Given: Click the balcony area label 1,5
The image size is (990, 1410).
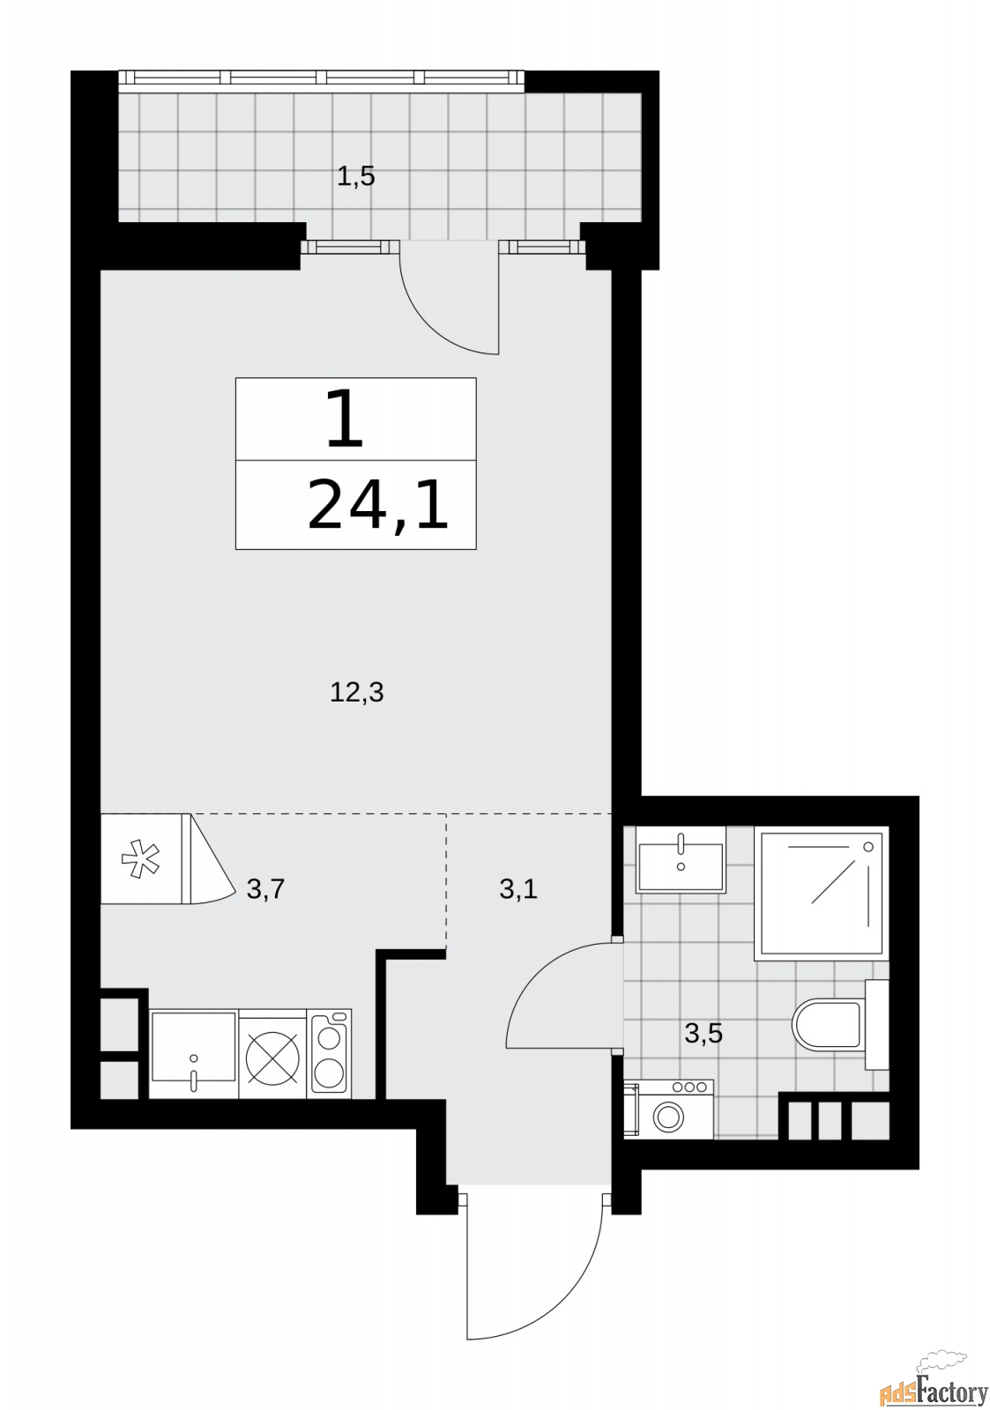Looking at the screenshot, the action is pyautogui.click(x=356, y=177).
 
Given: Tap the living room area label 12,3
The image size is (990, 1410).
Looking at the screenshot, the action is pyautogui.click(x=356, y=693).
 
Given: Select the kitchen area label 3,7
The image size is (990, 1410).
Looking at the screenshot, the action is pyautogui.click(x=265, y=889).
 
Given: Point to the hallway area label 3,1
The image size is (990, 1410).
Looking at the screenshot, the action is pyautogui.click(x=517, y=889).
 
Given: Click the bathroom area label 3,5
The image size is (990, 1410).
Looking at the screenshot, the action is pyautogui.click(x=703, y=1033).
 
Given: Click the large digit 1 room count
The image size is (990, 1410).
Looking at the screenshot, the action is pyautogui.click(x=346, y=419).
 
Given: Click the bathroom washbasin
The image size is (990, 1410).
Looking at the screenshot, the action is pyautogui.click(x=681, y=859).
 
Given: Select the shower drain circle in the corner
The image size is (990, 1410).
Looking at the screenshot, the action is pyautogui.click(x=870, y=846).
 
